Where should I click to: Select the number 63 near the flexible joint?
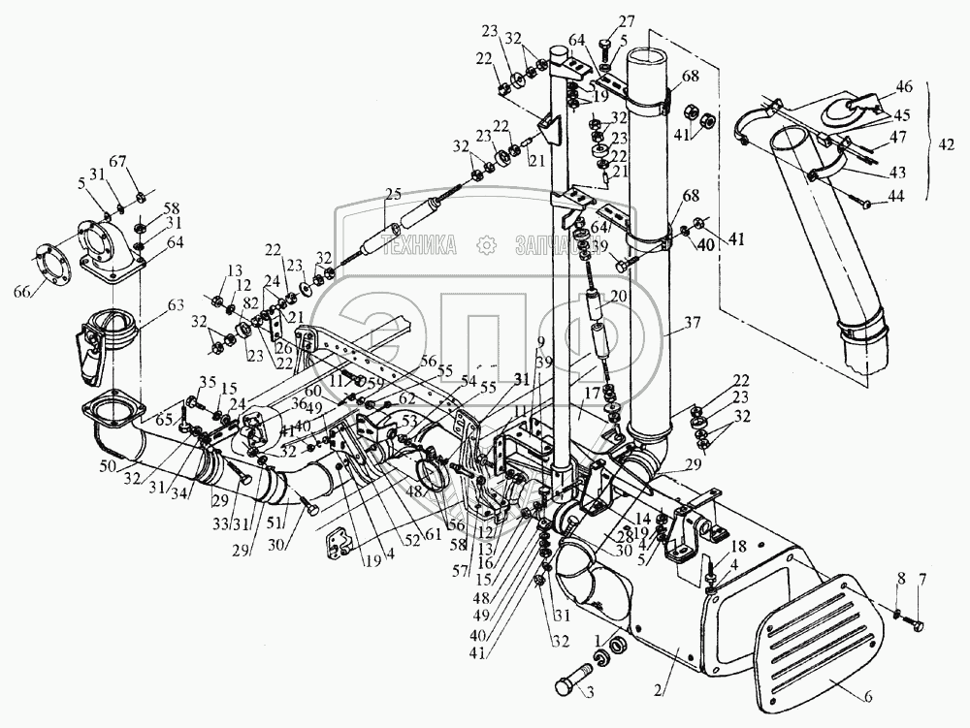point(175,306)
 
